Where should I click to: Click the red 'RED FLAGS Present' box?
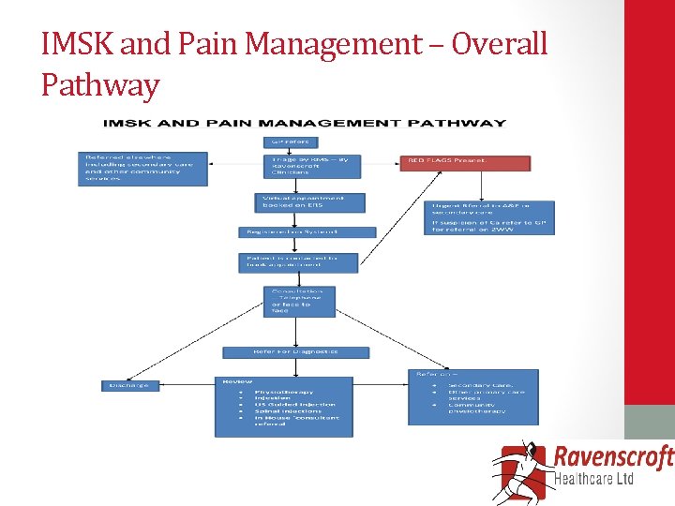(x=465, y=161)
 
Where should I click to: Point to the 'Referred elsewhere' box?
(x=142, y=168)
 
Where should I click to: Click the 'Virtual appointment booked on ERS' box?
(x=309, y=201)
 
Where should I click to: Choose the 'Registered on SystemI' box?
(x=307, y=231)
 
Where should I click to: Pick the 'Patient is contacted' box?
(x=298, y=261)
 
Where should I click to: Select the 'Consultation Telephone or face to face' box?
(x=297, y=301)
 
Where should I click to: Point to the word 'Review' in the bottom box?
(x=238, y=381)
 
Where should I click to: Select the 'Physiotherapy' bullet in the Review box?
(x=283, y=392)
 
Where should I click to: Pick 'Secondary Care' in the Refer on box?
(x=480, y=385)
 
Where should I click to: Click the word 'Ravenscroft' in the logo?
(x=614, y=458)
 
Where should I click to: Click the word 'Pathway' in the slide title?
(x=100, y=86)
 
